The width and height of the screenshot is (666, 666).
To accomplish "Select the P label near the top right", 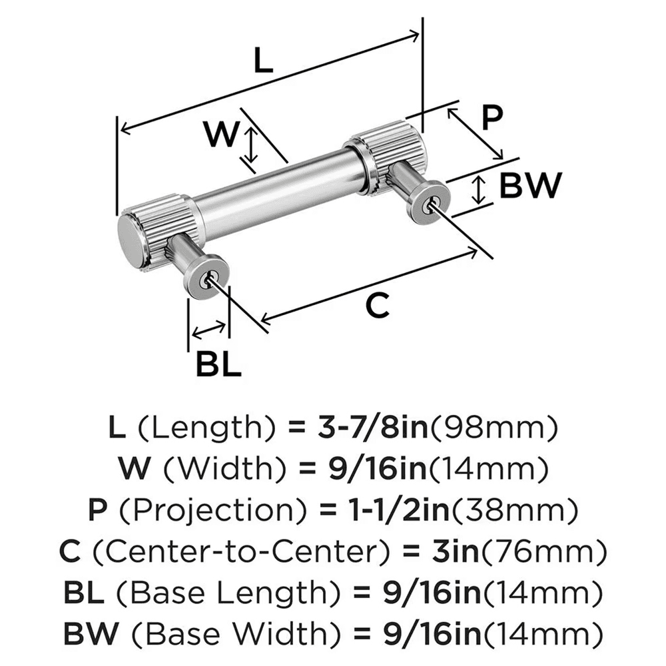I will (491, 119).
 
